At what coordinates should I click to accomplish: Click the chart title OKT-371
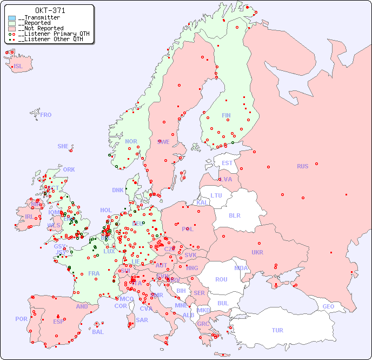50,10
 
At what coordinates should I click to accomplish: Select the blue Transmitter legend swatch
12,18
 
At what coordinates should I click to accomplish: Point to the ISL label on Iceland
18,67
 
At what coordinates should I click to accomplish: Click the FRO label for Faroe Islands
46,115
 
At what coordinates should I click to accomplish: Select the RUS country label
302,166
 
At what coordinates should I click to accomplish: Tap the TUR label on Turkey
277,330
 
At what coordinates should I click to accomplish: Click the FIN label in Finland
226,115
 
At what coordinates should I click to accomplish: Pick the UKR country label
257,252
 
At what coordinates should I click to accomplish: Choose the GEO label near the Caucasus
328,306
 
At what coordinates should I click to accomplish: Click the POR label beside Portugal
21,319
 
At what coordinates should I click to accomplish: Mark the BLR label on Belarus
235,215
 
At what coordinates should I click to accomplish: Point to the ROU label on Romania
221,279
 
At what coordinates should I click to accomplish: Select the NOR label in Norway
131,141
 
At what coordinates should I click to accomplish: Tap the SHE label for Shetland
63,146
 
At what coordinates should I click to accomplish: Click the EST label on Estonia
227,163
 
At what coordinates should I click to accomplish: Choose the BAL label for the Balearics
98,332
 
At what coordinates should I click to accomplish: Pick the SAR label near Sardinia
142,320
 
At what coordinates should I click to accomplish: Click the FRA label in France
94,273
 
